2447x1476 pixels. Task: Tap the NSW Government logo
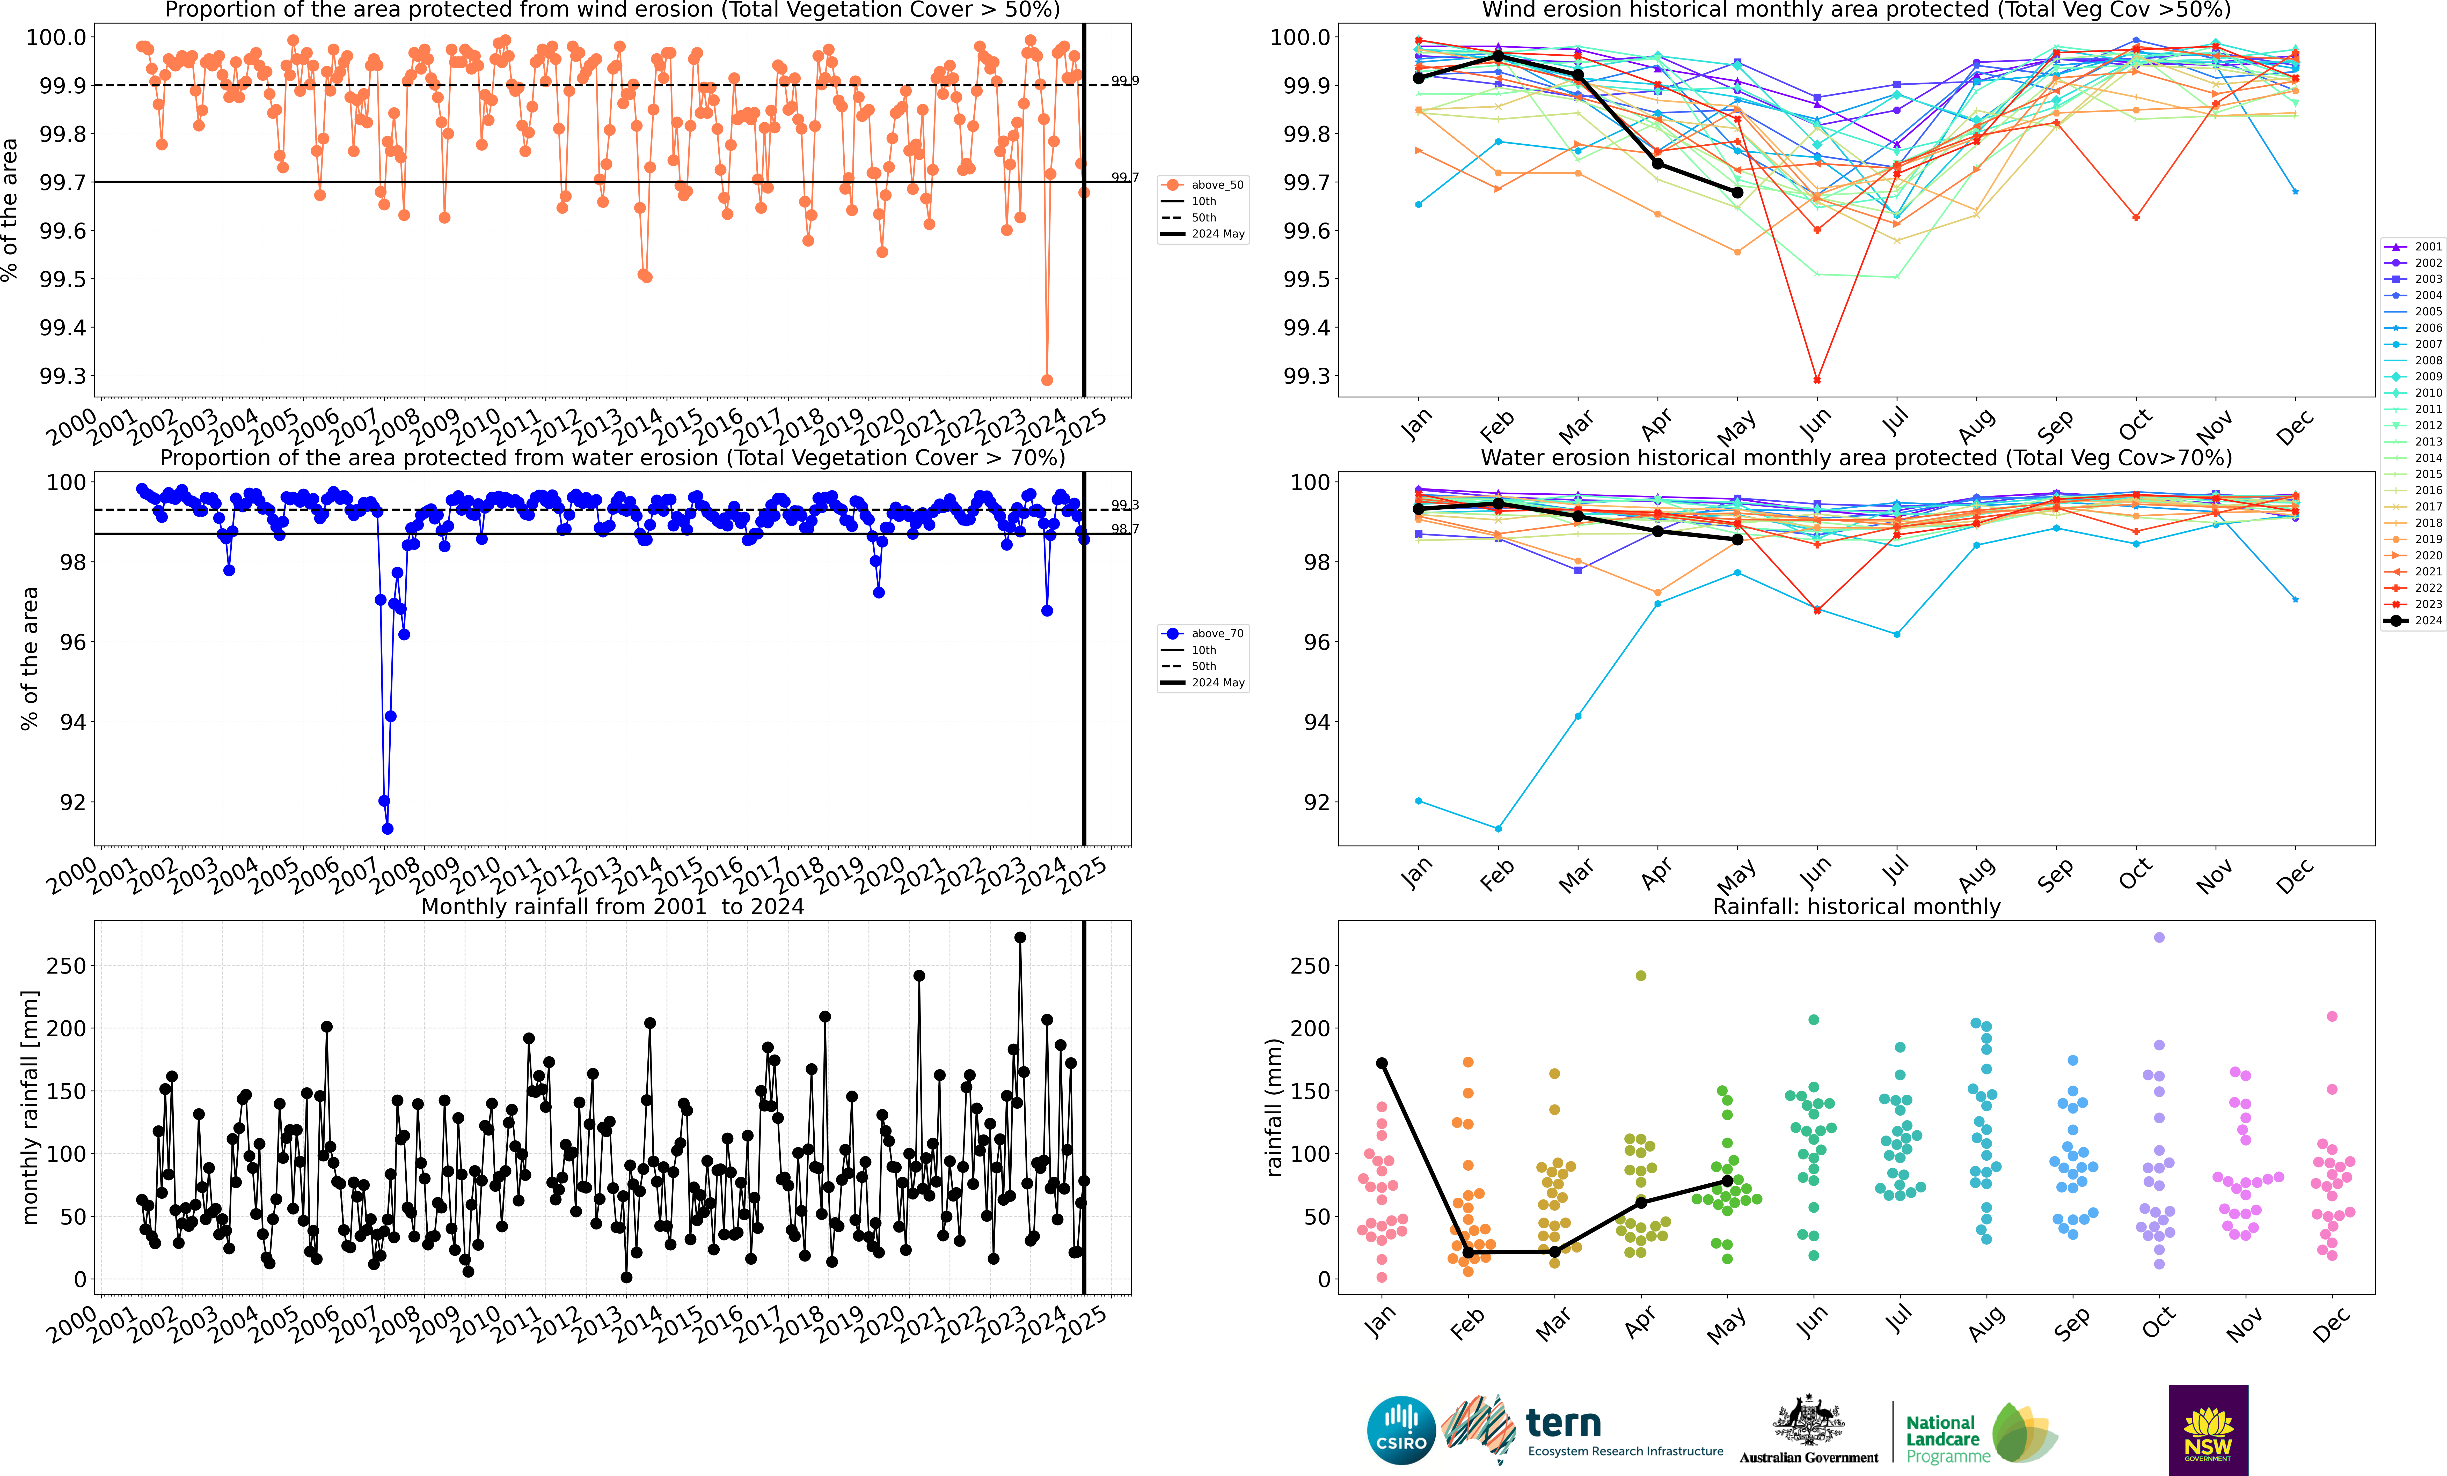(2208, 1430)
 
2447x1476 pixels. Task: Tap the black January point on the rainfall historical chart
(1381, 1063)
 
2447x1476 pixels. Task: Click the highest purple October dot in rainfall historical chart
(2159, 937)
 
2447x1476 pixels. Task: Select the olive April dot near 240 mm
(1641, 976)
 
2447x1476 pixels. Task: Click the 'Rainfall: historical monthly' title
(1856, 906)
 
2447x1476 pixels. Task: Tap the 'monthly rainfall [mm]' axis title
(30, 1107)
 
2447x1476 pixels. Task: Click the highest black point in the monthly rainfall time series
(1020, 937)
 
